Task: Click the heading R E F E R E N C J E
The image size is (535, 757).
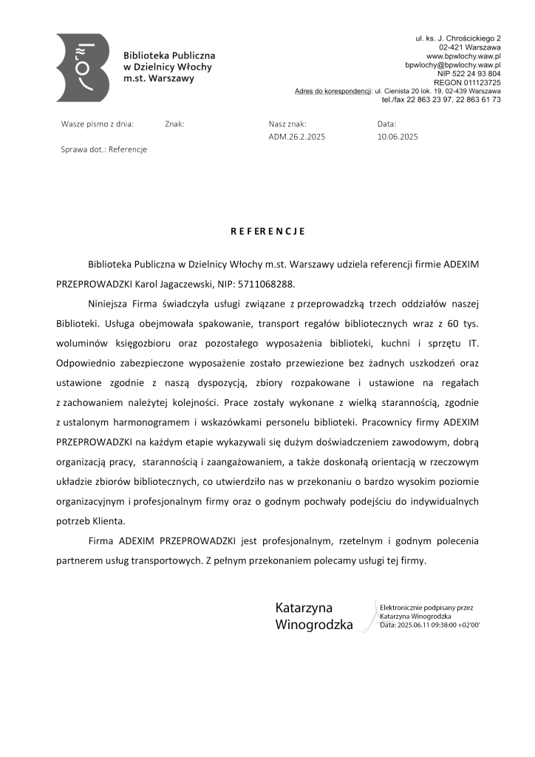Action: pyautogui.click(x=267, y=231)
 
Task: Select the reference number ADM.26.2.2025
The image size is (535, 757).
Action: pyautogui.click(x=297, y=137)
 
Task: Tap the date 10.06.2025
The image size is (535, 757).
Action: pyautogui.click(x=398, y=137)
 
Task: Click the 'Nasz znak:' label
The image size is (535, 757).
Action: pyautogui.click(x=287, y=124)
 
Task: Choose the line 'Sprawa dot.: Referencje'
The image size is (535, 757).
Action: pyautogui.click(x=103, y=149)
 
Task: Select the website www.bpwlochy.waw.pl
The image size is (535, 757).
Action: pyautogui.click(x=464, y=56)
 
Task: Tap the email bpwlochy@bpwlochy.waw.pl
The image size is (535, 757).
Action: pyautogui.click(x=453, y=65)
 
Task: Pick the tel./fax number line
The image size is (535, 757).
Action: pyautogui.click(x=441, y=99)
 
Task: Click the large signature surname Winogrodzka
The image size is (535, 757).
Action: pyautogui.click(x=314, y=625)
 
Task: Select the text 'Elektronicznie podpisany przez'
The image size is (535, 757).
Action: pyautogui.click(x=426, y=608)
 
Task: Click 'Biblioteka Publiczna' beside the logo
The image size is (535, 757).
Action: pyautogui.click(x=169, y=55)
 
